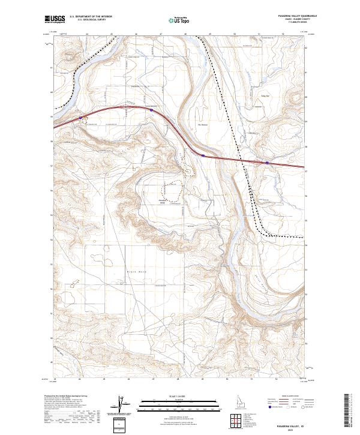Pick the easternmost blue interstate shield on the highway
pyautogui.click(x=266, y=161)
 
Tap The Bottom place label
pyautogui.click(x=194, y=125)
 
